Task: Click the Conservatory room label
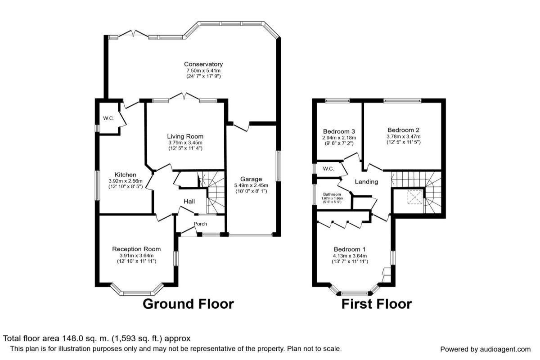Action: pos(203,64)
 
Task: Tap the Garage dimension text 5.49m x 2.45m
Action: pos(251,185)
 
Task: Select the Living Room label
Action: pos(185,136)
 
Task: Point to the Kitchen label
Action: pos(126,175)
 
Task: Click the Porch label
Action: pos(200,224)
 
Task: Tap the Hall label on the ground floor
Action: pos(189,201)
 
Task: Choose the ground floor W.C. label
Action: pos(108,118)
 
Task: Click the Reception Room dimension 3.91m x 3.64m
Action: pos(136,256)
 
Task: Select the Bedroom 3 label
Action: pos(339,131)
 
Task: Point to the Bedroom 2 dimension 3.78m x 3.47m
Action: pos(404,136)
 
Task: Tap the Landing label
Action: pos(366,182)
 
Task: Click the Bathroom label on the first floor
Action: pos(332,194)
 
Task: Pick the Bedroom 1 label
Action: pos(350,249)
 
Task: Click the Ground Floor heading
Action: pos(188,304)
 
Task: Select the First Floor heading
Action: pos(377,304)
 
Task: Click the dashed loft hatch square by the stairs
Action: pos(415,197)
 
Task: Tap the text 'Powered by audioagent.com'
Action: pos(486,349)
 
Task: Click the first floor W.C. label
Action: pos(328,169)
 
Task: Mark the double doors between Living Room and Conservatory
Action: pos(184,97)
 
